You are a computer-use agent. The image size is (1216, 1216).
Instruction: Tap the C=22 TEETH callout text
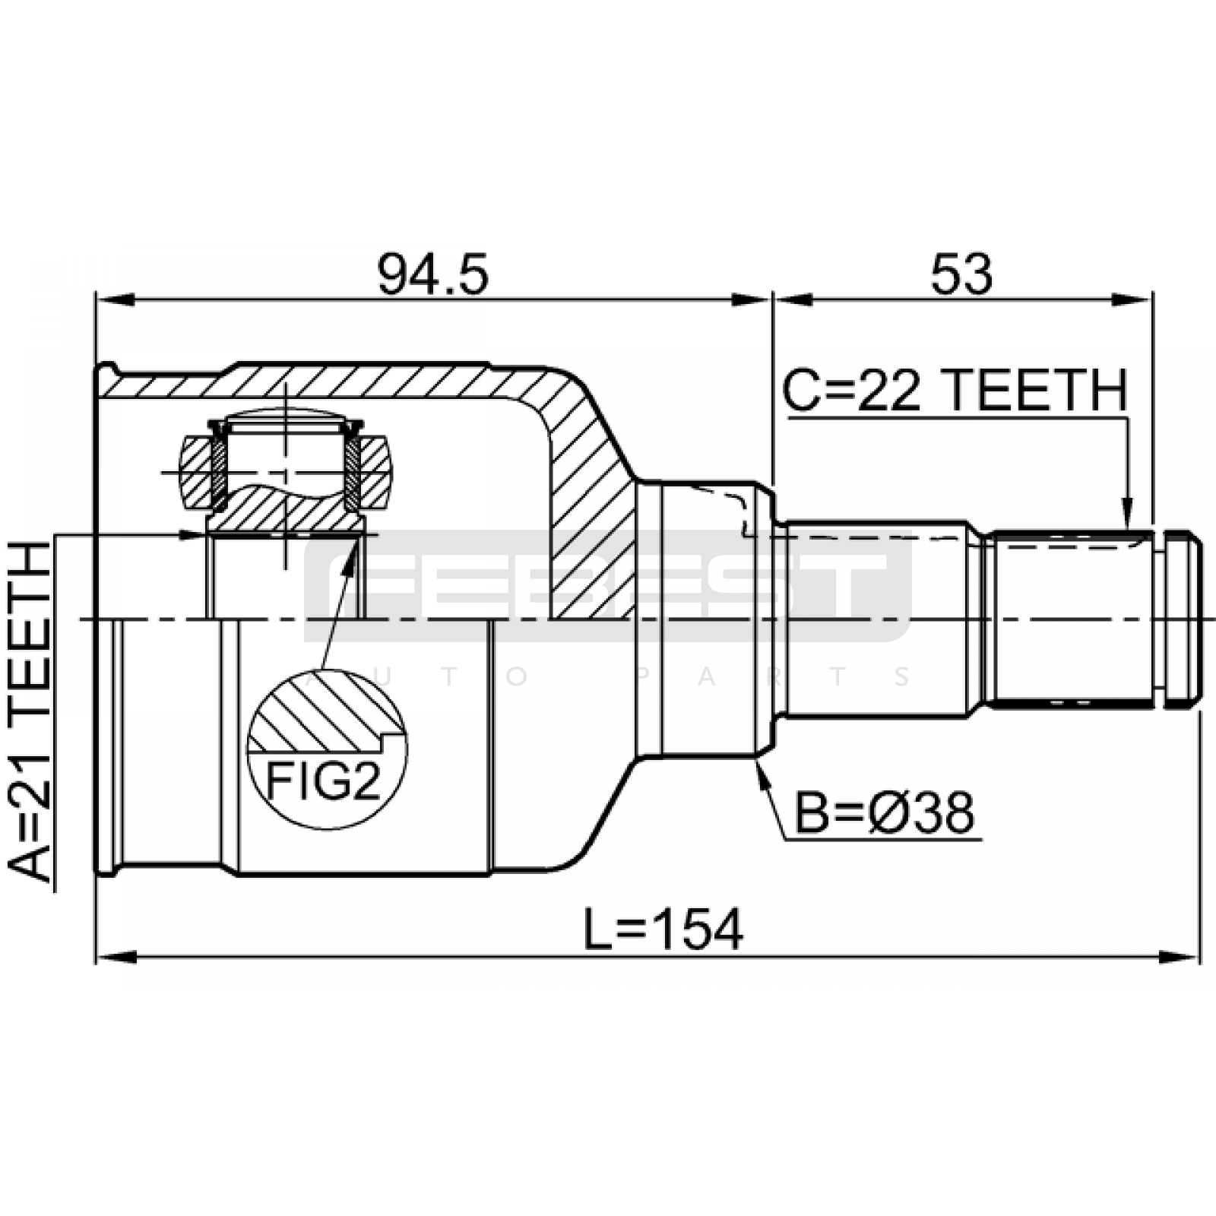955,391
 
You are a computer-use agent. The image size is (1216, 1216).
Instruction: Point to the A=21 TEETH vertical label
30,711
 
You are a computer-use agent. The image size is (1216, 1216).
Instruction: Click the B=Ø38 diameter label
884,813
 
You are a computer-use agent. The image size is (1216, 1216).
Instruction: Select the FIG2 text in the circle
323,781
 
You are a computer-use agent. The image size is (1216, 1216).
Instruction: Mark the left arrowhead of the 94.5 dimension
114,299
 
